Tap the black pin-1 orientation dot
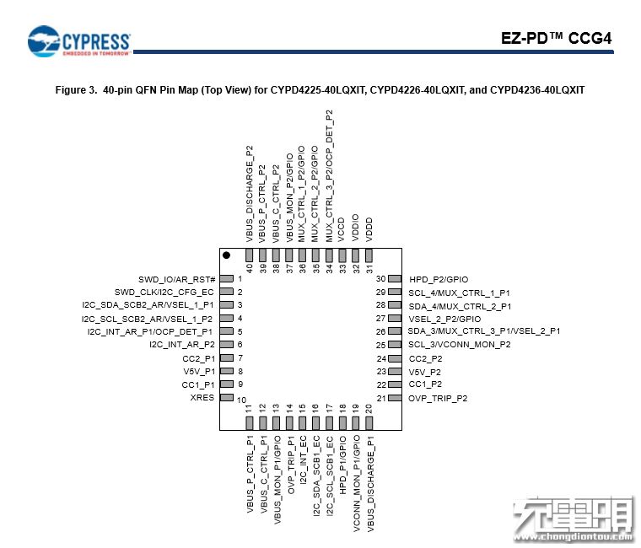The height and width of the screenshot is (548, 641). tap(226, 255)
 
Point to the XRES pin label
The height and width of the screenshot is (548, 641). tap(202, 397)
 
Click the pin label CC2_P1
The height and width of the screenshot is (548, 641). tap(198, 358)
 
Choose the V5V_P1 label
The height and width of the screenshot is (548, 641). tap(199, 371)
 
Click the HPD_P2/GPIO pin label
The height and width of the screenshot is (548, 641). tap(439, 279)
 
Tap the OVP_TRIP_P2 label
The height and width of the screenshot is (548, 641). tap(438, 398)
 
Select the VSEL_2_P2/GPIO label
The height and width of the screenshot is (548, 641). tap(444, 319)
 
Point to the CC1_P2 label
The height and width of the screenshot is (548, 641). tap(425, 384)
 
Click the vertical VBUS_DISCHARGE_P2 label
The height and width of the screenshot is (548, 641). tap(250, 194)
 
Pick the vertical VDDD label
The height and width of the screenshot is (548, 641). tap(369, 229)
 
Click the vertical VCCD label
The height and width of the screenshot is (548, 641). tap(342, 229)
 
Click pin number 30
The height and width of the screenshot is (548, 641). tap(381, 279)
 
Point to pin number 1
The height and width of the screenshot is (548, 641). tap(240, 279)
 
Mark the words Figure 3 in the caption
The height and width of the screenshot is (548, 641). tap(75, 89)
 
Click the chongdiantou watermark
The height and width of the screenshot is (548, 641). tap(574, 522)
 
